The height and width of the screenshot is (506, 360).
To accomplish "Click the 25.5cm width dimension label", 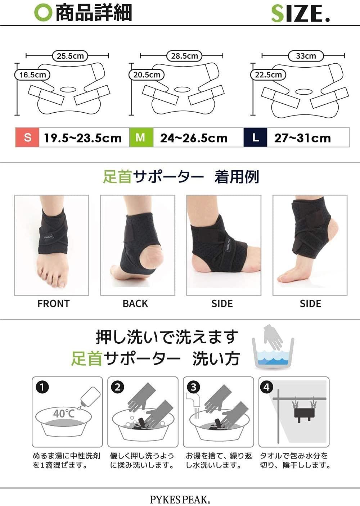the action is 70,56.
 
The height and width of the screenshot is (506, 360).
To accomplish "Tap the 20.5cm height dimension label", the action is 147,74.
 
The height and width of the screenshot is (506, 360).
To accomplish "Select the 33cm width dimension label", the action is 306,56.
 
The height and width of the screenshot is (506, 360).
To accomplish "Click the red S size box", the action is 27,137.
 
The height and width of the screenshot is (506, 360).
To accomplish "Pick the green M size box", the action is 141,137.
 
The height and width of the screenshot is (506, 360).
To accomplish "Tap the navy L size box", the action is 255,137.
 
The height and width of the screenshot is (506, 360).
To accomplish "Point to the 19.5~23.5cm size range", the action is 83,138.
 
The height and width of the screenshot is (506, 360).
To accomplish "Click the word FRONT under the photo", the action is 53,304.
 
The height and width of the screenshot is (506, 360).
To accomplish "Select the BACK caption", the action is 135,304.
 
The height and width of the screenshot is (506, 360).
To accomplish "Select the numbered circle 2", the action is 117,388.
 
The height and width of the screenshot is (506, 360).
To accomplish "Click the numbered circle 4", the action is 266,387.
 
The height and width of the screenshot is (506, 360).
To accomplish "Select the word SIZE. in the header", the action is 300,14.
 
